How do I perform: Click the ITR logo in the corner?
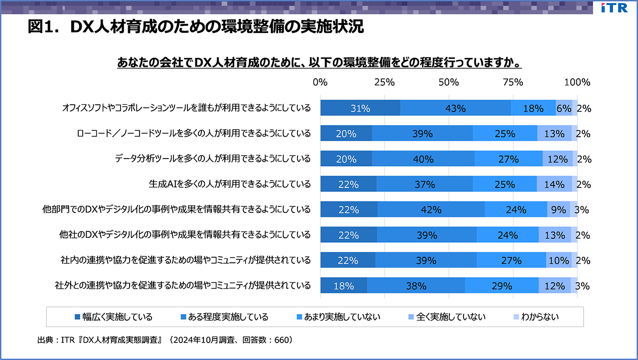615,8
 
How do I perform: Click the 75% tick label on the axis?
512,82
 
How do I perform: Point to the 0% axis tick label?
320,82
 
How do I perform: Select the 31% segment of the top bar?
360,108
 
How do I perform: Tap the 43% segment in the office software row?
455,108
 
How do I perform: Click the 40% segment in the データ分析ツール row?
423,159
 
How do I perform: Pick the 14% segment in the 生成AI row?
554,184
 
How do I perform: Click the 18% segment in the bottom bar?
343,286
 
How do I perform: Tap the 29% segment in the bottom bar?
501,286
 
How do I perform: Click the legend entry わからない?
536,317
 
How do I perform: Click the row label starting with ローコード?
194,134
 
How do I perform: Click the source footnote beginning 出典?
164,341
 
